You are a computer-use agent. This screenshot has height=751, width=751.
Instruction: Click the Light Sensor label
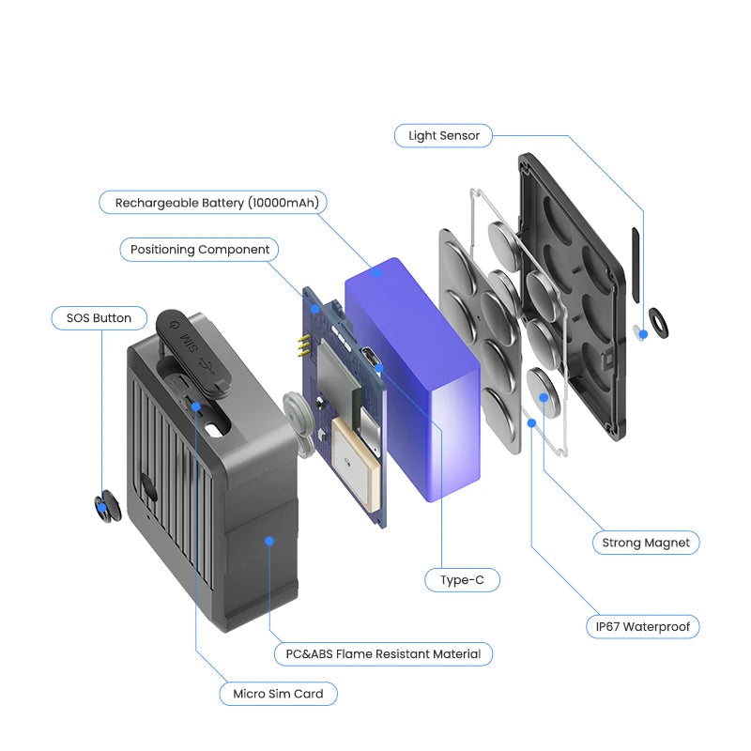[443, 135]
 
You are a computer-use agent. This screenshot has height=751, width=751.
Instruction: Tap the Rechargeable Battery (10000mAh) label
[213, 202]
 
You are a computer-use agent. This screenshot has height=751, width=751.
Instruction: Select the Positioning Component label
[199, 250]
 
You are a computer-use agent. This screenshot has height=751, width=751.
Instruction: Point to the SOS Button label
[100, 318]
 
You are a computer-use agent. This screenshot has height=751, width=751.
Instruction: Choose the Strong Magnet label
[646, 543]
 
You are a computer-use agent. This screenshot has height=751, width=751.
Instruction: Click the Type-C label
[462, 580]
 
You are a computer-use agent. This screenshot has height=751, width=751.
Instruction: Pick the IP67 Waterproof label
[643, 626]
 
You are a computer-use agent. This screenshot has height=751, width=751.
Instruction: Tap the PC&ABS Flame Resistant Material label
[383, 653]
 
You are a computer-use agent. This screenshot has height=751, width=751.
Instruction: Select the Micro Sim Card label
[278, 694]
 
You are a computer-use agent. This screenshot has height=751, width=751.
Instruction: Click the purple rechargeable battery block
[413, 378]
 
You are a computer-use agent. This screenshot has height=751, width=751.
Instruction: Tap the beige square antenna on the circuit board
[356, 462]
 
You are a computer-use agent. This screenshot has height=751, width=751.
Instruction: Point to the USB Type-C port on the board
[369, 358]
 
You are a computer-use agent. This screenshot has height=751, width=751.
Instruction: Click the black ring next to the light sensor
[658, 324]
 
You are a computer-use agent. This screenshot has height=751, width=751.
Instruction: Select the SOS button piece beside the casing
[107, 506]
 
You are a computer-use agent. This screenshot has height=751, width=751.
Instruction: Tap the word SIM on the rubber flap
[189, 342]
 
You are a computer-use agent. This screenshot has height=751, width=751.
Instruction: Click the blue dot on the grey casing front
[269, 542]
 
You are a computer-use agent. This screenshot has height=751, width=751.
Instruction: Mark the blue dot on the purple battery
[377, 272]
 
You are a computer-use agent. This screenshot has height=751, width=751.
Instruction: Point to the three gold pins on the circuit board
[303, 346]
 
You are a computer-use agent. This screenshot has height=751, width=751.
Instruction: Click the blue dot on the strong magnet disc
[544, 397]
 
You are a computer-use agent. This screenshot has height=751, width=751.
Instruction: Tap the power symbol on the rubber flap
[175, 324]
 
